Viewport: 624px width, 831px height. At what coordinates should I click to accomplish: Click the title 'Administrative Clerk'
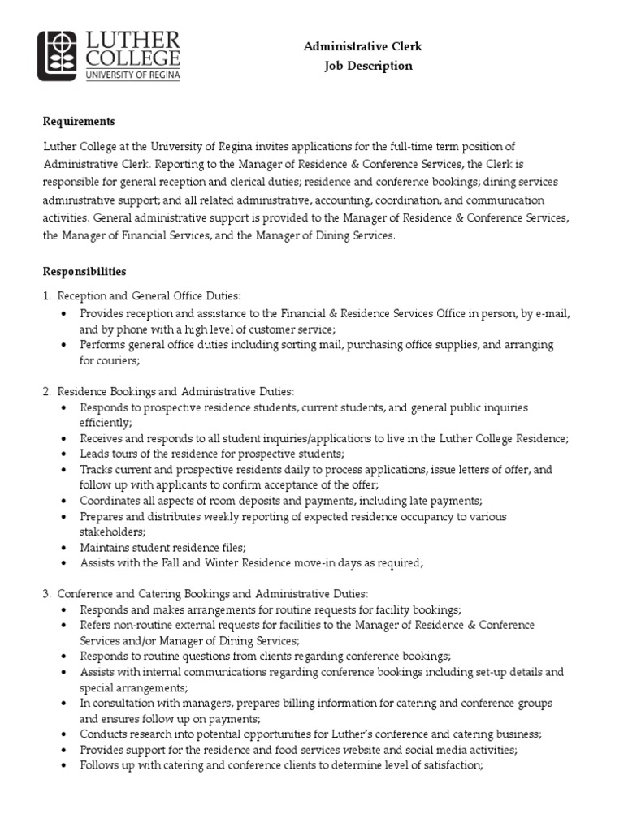point(362,47)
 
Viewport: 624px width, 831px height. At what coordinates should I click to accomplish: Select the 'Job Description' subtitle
point(368,66)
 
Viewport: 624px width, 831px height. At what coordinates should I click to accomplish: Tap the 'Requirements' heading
point(79,121)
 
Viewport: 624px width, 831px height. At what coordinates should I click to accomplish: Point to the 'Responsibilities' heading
point(84,271)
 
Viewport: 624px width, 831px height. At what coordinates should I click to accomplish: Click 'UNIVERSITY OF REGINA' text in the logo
point(133,75)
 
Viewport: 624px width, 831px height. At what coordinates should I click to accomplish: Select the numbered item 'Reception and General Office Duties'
point(149,297)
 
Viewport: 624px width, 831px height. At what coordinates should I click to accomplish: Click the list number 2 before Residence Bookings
point(46,391)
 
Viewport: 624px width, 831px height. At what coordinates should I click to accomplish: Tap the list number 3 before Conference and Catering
point(46,594)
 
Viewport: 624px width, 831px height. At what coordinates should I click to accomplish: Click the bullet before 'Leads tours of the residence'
point(63,454)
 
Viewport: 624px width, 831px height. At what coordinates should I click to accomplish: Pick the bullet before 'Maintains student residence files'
point(63,547)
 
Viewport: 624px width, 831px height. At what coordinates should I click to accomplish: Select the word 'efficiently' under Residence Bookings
point(104,423)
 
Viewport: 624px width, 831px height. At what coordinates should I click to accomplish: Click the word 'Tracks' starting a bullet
point(96,469)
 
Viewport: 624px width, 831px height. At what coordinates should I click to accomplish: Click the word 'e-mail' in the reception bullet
point(552,313)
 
